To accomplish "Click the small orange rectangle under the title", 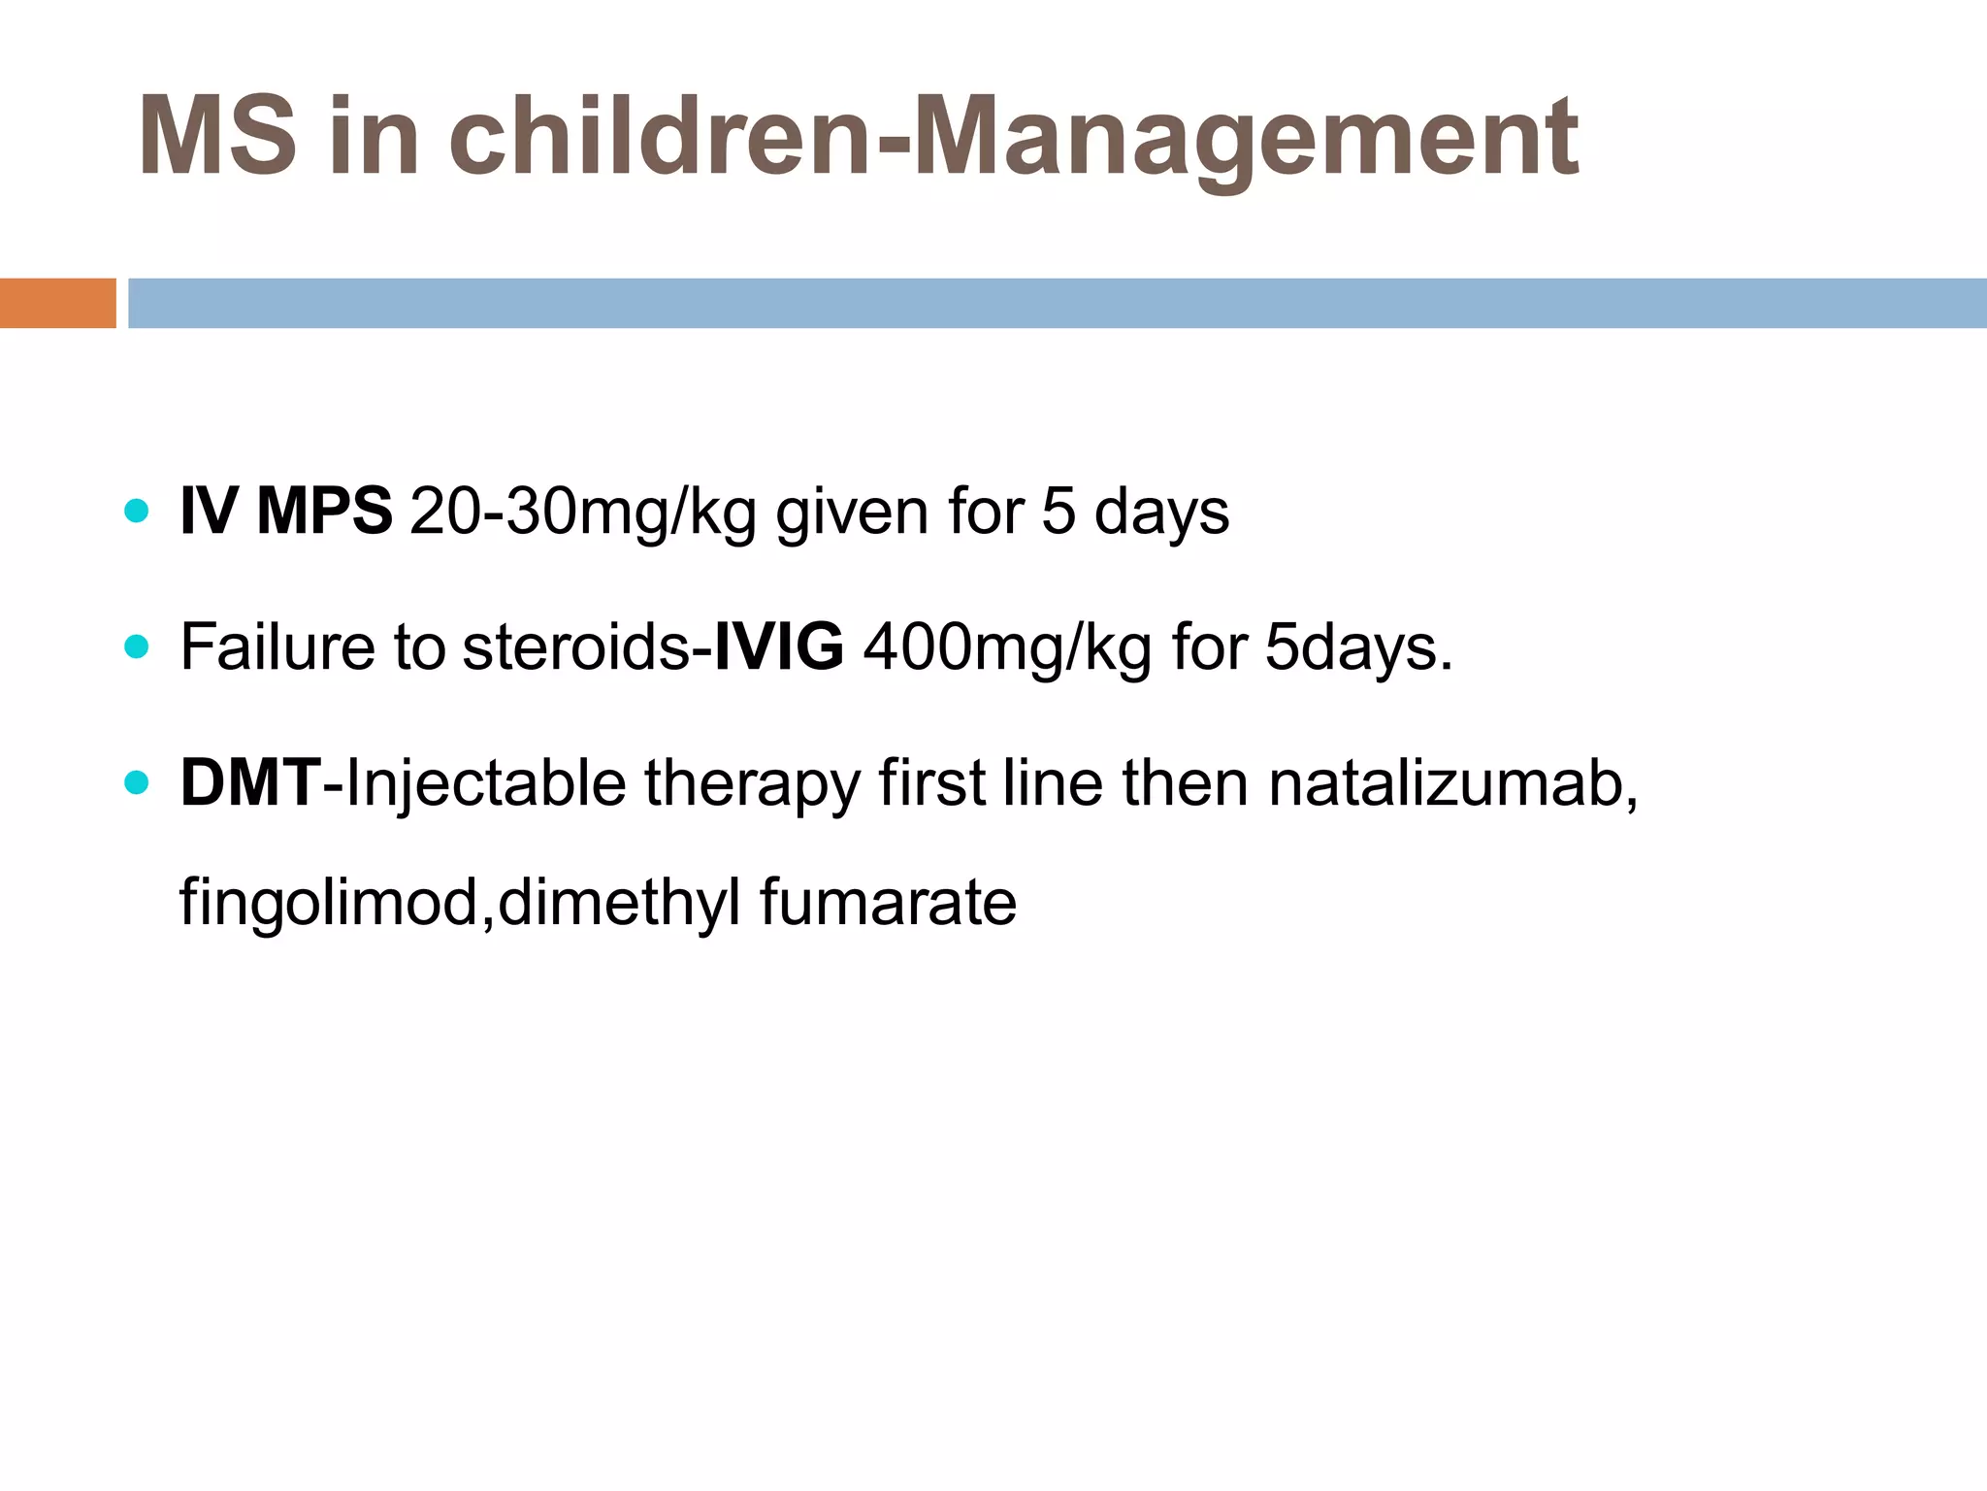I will pyautogui.click(x=57, y=303).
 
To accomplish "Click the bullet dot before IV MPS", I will pyautogui.click(x=137, y=511).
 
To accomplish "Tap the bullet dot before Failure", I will pyautogui.click(x=137, y=646).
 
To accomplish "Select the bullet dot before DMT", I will pyautogui.click(x=137, y=782).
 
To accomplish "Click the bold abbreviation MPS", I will pyautogui.click(x=324, y=511).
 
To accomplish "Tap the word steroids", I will pyautogui.click(x=576, y=647).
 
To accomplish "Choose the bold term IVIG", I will pyautogui.click(x=779, y=647).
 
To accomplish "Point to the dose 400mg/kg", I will pyautogui.click(x=1007, y=648).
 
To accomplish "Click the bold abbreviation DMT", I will pyautogui.click(x=250, y=782).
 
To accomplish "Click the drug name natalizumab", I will pyautogui.click(x=1451, y=783).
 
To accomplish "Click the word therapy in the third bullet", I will pyautogui.click(x=752, y=784).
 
